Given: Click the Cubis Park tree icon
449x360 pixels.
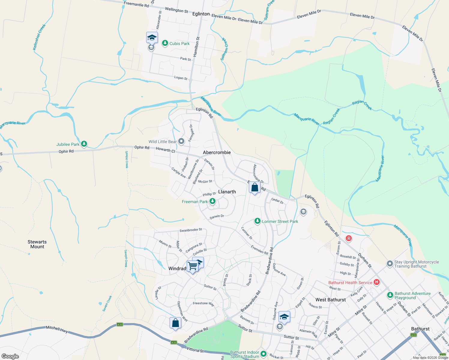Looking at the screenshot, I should coord(165,43).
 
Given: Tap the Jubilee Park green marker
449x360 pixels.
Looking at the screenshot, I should coord(84,144).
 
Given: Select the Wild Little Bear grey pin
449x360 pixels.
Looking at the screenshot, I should coord(181,141).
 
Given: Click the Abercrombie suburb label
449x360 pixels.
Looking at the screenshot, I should coord(217,152).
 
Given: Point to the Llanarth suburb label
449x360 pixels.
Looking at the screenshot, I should coord(227,192).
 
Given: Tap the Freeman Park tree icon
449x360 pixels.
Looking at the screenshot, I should coord(212,201).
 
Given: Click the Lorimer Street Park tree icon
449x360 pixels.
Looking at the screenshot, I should coord(257,221).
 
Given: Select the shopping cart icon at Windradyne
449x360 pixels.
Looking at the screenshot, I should coord(192,265).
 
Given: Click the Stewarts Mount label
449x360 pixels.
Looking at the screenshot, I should coord(37,244).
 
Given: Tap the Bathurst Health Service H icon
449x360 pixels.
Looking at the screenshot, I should coord(377,282).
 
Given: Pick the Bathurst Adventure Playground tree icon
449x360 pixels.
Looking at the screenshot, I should coord(390,295).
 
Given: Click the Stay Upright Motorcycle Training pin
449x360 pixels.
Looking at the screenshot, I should coord(390,264).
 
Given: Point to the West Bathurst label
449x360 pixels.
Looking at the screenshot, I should coord(330,300).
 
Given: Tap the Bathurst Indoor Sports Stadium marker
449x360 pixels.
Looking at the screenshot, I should coord(264,354).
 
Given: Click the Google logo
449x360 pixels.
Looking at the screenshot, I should coord(10,356).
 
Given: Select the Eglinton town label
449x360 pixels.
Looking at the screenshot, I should coord(201,14).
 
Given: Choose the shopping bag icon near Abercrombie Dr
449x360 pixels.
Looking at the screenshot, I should coord(255,188).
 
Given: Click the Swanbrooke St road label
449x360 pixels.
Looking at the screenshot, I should coord(191,230).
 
